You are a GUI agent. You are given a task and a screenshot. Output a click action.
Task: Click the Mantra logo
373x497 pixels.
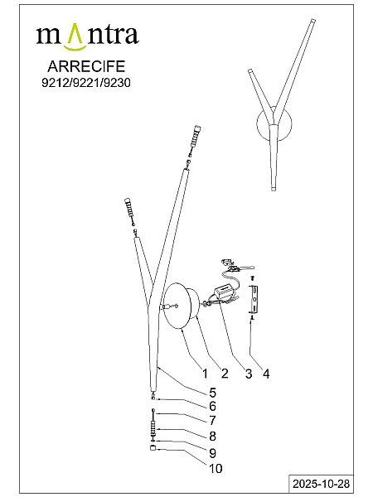pos(87,36)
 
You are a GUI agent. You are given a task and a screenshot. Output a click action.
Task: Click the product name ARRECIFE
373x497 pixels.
pos(86,66)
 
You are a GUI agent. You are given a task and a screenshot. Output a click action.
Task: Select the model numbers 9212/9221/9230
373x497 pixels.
pos(86,83)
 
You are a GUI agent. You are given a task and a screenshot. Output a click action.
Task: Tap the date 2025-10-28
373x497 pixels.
pos(321,484)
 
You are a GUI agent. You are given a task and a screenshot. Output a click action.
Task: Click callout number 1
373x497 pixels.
pos(206,374)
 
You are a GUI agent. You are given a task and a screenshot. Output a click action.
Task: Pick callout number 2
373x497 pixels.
pos(225,374)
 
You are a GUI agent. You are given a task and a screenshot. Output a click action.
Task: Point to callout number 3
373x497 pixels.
pos(249,374)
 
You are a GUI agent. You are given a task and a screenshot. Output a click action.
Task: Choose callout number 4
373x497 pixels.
pos(266,374)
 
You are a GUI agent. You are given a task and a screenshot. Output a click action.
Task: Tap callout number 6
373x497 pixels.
pos(212,407)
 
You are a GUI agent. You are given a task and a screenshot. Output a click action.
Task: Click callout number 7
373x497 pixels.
pos(212,420)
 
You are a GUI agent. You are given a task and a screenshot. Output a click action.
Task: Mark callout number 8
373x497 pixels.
pos(212,437)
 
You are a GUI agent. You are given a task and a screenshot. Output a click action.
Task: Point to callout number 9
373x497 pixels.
pos(212,453)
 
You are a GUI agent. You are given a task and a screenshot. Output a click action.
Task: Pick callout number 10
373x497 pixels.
pos(216,469)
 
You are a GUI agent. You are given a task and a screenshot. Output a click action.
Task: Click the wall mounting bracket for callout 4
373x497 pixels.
pos(254,298)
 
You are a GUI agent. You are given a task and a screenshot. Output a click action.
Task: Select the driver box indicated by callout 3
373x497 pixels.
pos(225,291)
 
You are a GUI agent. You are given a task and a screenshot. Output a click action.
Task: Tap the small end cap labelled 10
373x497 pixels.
pos(153,448)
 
